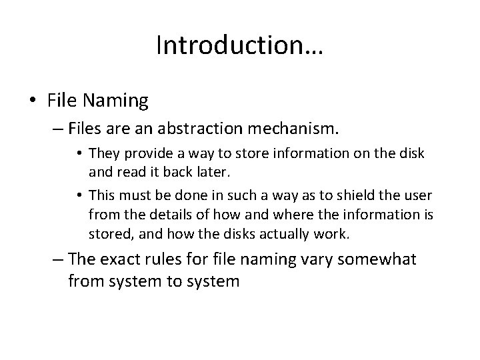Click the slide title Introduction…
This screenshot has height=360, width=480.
[239, 45]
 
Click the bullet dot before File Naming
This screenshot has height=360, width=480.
[33, 101]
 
